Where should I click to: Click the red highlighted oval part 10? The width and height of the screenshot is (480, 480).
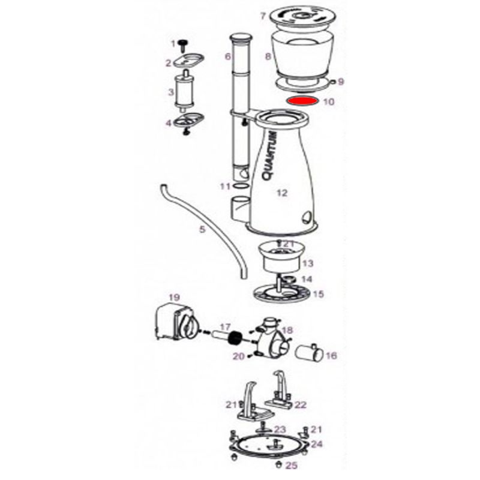pos(302,101)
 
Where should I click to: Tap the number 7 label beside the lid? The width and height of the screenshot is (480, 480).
pos(263,16)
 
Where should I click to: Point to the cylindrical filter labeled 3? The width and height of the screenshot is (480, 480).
pos(184,92)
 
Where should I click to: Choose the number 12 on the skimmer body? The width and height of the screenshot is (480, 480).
pos(282,193)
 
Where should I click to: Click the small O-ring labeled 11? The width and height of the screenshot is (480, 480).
pos(241,186)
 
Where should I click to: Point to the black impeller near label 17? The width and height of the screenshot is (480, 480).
pos(236,338)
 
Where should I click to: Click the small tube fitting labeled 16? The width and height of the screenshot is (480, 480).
pos(309,353)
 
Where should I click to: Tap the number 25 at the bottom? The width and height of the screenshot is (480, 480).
pos(291,466)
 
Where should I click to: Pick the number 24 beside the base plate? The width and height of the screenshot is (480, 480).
pos(317,443)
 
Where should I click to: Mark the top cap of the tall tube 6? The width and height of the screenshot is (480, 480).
pos(241,38)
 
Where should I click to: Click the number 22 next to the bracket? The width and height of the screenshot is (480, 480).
pos(301,404)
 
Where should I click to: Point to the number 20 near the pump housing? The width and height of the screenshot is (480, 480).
pos(239,356)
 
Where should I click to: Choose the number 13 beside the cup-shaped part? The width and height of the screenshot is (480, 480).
pos(308,263)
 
